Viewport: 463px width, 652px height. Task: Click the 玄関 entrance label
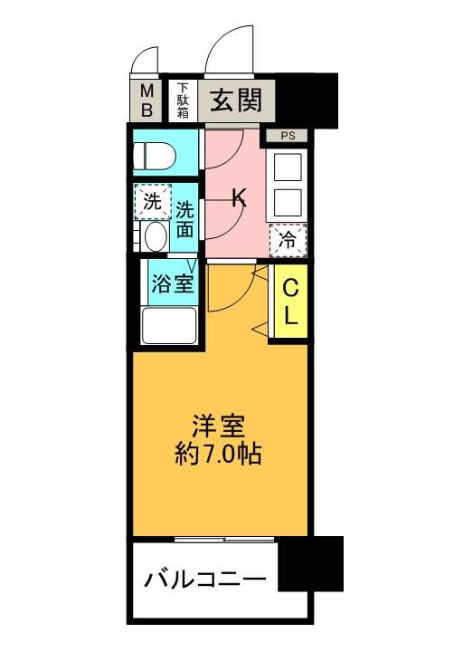click(x=236, y=101)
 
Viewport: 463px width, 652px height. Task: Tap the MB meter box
click(x=146, y=101)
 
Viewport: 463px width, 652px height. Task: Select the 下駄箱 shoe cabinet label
click(x=183, y=101)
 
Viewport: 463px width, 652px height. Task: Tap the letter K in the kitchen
click(x=239, y=197)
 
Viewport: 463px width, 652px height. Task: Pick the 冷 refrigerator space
click(x=288, y=240)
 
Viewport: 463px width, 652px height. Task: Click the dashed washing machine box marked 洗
click(x=153, y=201)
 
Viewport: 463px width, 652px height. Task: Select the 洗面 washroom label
click(x=184, y=219)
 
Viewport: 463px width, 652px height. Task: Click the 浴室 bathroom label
click(x=172, y=283)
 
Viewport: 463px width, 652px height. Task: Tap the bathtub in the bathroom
click(x=169, y=326)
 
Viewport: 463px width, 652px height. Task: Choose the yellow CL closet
click(x=290, y=301)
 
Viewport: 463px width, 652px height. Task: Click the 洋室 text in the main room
click(x=218, y=426)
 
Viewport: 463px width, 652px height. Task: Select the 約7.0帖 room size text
click(x=218, y=454)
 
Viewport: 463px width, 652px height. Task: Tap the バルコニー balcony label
click(x=204, y=579)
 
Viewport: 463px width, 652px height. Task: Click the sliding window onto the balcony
click(x=224, y=540)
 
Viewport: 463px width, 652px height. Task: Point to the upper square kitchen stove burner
click(x=288, y=168)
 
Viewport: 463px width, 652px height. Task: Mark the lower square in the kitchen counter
click(x=288, y=203)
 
